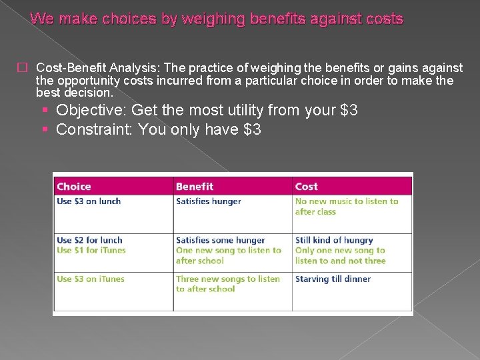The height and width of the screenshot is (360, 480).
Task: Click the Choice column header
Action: click(x=74, y=187)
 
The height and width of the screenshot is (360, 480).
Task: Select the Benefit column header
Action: click(x=195, y=187)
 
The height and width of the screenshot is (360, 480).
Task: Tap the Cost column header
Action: click(x=307, y=187)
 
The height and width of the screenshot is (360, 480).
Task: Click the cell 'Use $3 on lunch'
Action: click(x=89, y=201)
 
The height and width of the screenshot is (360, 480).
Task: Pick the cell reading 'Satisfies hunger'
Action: click(x=209, y=201)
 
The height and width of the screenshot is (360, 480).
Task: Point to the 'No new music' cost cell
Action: click(x=347, y=207)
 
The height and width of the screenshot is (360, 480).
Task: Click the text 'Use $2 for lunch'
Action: click(x=90, y=240)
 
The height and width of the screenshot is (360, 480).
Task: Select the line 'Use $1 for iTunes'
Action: click(x=91, y=250)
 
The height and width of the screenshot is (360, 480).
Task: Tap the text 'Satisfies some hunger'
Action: click(x=221, y=240)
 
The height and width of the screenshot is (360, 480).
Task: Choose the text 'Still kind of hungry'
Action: click(x=334, y=240)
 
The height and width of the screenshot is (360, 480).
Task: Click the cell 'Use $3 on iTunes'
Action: click(x=91, y=279)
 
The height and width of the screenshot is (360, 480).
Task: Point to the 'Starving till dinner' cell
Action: click(x=333, y=279)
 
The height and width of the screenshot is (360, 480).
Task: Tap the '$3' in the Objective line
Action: click(x=348, y=110)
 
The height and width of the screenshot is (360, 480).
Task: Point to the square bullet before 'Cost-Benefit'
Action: click(x=22, y=68)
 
